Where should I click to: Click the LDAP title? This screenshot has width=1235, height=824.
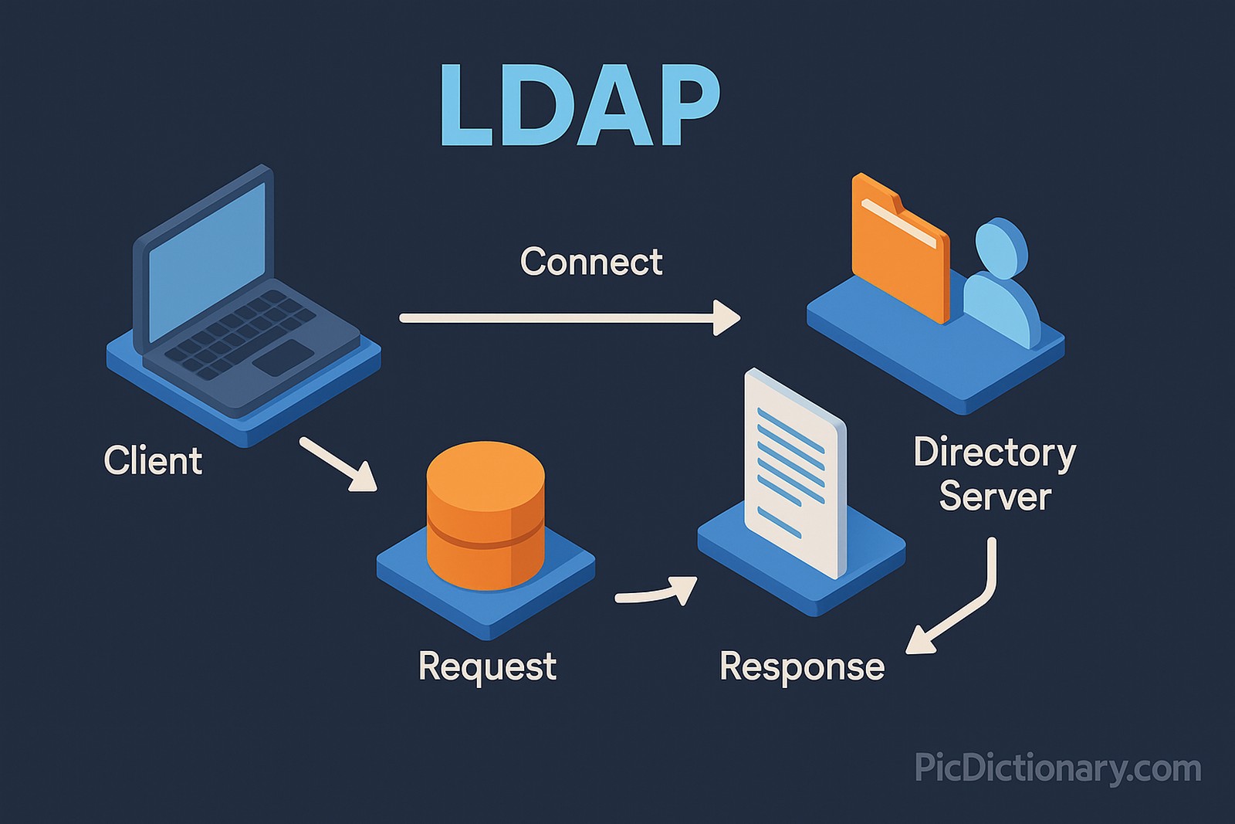[579, 106]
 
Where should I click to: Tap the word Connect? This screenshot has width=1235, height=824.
[591, 262]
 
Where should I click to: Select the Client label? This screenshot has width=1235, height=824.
[153, 461]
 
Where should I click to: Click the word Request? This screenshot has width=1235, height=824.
[487, 666]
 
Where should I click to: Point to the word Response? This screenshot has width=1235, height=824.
[802, 666]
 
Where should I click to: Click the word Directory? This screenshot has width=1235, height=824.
[994, 453]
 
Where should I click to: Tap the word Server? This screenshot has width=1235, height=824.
[995, 496]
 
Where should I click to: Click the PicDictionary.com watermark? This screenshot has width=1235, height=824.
[1057, 768]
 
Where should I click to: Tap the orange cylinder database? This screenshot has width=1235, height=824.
[486, 516]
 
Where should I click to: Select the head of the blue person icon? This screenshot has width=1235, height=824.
[1002, 246]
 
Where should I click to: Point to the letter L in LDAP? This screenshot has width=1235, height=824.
[466, 106]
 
